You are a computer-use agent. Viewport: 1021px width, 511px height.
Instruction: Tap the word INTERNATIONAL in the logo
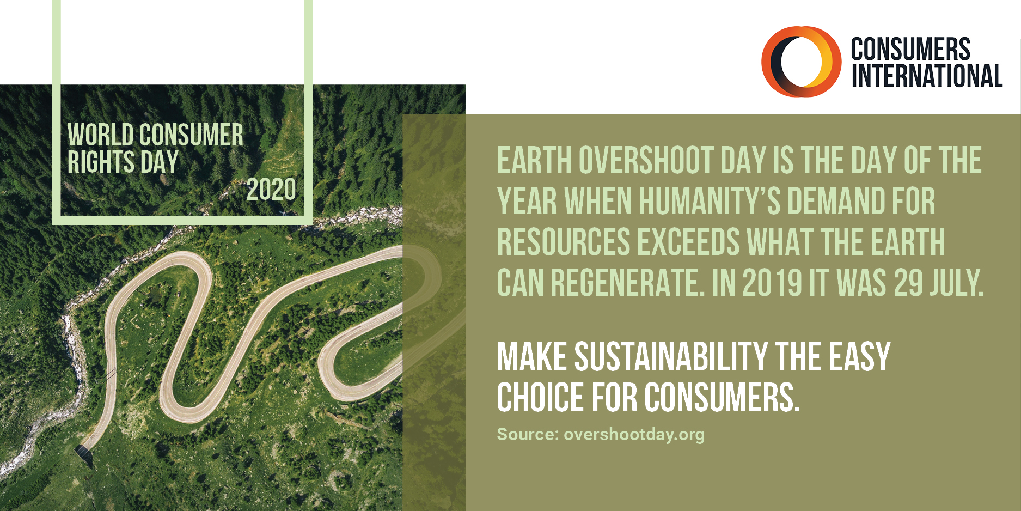927,76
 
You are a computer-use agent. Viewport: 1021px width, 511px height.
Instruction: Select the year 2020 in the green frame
271,190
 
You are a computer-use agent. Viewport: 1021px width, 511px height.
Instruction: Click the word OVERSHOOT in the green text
645,160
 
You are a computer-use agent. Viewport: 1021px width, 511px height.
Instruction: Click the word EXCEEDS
689,242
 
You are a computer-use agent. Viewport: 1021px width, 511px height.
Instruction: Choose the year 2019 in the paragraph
773,283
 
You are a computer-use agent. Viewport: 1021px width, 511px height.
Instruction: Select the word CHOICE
540,397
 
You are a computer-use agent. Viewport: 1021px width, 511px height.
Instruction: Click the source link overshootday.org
634,434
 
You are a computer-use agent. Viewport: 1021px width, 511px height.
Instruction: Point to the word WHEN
598,201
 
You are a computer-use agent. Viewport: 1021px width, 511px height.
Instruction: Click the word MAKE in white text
532,357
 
